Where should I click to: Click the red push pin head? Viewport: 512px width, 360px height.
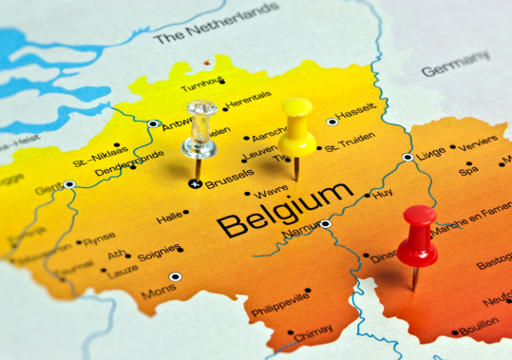tap(418, 234)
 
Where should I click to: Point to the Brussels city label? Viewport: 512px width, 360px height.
tap(230, 177)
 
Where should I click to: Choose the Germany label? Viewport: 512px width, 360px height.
tap(455, 66)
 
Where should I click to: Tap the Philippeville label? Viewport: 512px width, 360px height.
tap(280, 309)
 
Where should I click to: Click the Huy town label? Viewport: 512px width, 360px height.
tap(383, 193)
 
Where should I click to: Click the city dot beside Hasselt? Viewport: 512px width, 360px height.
tap(332, 121)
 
